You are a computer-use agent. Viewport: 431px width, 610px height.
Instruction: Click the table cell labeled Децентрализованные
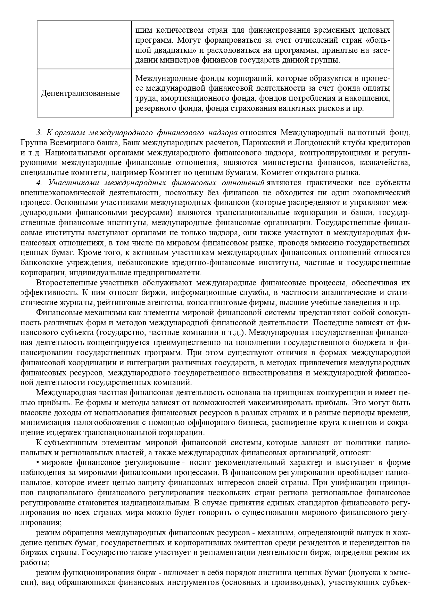pos(80,93)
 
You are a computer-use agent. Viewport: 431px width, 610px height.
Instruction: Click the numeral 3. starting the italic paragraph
pos(39,133)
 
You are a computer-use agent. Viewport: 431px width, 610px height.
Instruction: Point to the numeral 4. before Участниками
pos(39,183)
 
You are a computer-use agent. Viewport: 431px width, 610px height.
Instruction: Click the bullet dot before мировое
pos(38,463)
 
